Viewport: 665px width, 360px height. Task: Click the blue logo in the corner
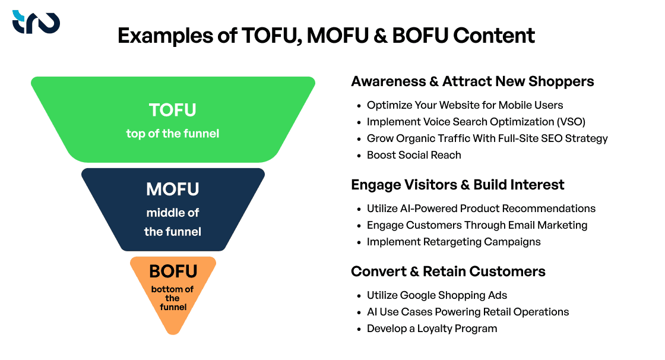click(36, 22)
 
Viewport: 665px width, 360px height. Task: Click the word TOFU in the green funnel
click(173, 110)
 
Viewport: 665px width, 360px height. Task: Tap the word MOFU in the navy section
click(173, 190)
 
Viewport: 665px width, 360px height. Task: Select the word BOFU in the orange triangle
click(173, 271)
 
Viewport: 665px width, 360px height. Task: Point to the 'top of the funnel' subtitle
click(173, 134)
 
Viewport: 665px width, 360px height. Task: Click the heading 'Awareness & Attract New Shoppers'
click(472, 81)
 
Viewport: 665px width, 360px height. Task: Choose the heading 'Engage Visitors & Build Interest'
click(457, 185)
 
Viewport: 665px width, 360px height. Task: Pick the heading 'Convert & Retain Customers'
click(448, 271)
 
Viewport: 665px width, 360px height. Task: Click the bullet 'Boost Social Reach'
click(414, 155)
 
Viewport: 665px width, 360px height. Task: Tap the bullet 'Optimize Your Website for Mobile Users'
click(465, 105)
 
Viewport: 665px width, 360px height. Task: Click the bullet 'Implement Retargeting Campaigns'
click(454, 242)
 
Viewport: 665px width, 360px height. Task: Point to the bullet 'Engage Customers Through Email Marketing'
click(477, 225)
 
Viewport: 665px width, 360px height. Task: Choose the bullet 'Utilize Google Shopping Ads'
click(437, 295)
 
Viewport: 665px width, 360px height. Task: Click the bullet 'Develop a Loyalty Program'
click(432, 329)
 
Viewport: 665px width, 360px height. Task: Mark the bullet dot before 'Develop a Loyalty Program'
click(359, 329)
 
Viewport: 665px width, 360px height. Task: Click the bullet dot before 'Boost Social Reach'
click(359, 155)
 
